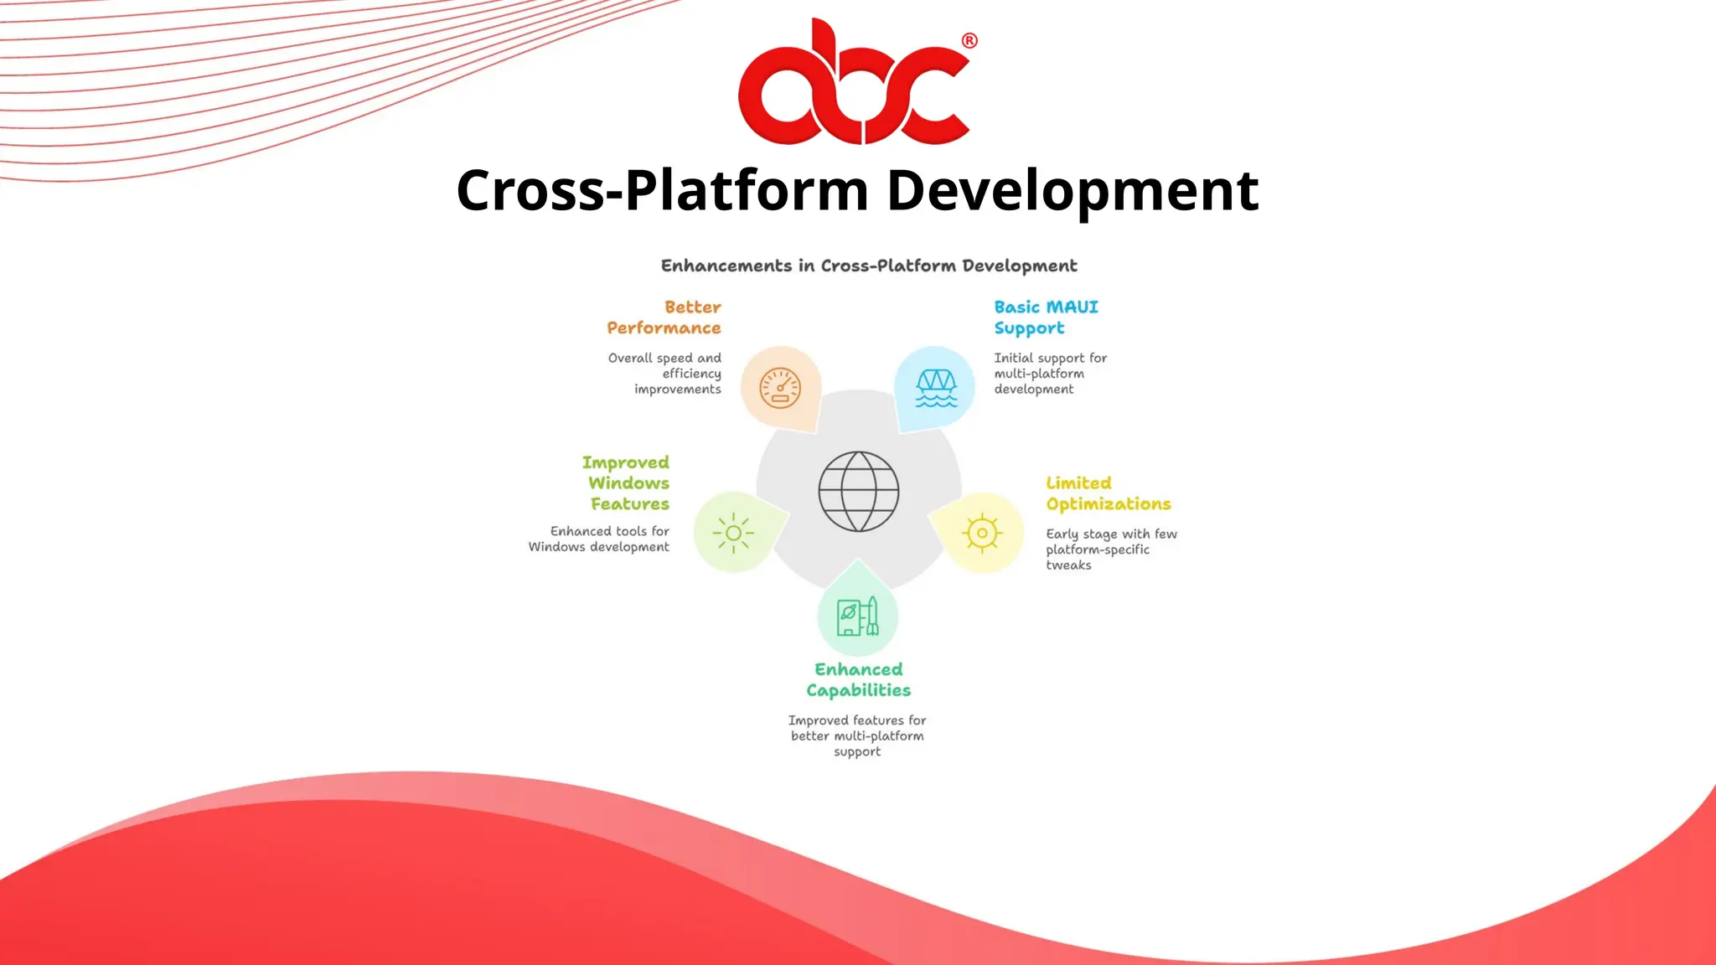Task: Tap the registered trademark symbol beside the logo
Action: coord(969,41)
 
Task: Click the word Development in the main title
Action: coord(1072,191)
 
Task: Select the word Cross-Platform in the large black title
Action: coord(662,191)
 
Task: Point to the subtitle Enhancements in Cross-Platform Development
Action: coord(869,266)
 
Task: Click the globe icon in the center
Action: coord(858,492)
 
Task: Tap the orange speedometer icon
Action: coord(780,389)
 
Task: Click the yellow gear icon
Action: coord(982,533)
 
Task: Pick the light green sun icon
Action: coord(734,533)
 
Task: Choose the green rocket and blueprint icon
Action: coord(858,617)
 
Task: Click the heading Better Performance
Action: coord(664,317)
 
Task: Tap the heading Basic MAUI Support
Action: coord(1046,317)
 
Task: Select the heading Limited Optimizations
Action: coord(1108,493)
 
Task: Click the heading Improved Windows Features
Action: coord(628,483)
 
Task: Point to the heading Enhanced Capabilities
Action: coord(858,679)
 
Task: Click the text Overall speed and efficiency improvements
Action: coord(666,374)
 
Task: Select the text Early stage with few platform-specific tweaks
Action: coord(1110,550)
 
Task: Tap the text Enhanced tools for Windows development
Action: coord(600,539)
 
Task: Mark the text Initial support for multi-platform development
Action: coord(1050,374)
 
